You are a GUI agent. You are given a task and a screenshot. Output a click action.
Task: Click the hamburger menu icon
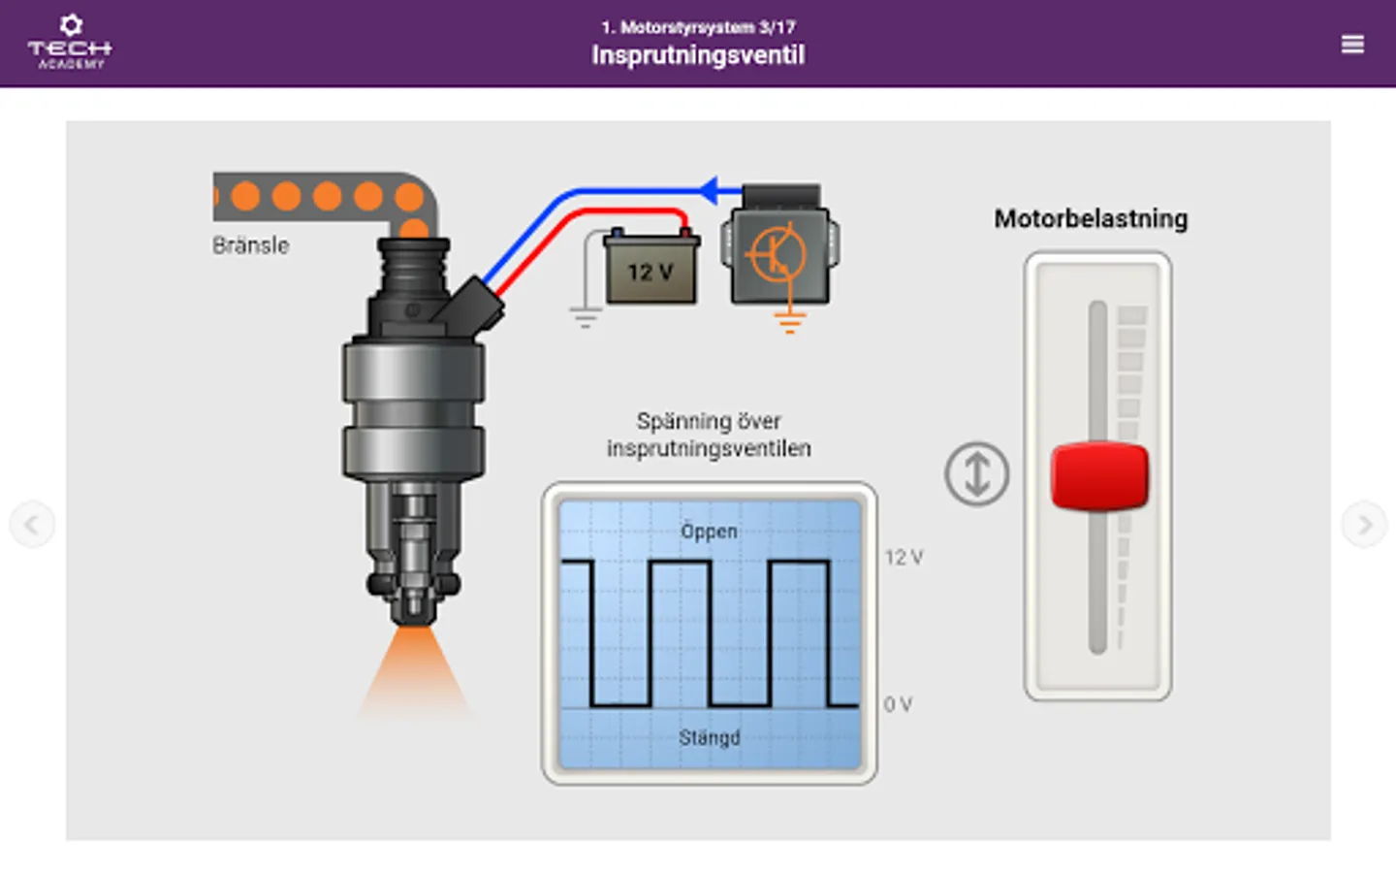coord(1352,45)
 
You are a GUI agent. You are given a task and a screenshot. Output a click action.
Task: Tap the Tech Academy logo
coord(70,43)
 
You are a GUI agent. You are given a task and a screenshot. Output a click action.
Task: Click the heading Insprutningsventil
coord(698,55)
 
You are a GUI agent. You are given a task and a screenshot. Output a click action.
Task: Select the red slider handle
coord(1099,475)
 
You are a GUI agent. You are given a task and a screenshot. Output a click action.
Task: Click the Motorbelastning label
coord(1091,219)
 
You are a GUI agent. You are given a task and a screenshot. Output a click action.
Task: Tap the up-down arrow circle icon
coord(976,474)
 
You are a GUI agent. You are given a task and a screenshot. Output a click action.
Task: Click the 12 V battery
coord(650,270)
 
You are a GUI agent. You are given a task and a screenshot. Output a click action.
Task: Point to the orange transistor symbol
coord(777,254)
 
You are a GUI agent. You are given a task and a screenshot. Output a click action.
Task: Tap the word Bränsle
coord(251,245)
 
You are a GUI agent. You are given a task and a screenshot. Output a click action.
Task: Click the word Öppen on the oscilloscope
coord(709,532)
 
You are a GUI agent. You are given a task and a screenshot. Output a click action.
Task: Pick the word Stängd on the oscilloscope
coord(709,738)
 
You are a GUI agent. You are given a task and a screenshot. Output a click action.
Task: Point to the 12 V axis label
coord(904,558)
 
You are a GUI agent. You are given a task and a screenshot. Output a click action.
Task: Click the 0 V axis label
coord(898,705)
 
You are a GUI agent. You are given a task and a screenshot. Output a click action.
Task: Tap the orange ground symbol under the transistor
coord(790,322)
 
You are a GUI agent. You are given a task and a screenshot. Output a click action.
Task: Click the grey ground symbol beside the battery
coord(585,317)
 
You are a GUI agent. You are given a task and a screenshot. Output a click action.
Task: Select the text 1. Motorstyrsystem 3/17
coord(698,27)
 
